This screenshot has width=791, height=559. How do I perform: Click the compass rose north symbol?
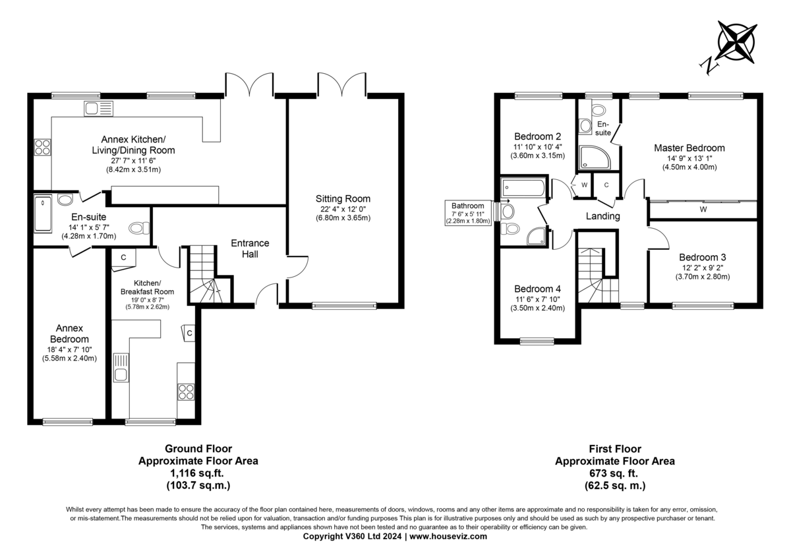click(x=738, y=47)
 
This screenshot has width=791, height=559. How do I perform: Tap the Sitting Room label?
click(x=343, y=199)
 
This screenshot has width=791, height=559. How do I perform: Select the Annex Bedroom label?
click(x=69, y=334)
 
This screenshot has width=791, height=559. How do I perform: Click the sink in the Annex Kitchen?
click(x=98, y=108)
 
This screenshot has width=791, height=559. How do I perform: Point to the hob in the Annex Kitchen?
click(x=42, y=147)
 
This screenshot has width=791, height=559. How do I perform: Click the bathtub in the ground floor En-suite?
click(x=43, y=214)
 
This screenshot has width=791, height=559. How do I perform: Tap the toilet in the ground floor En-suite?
click(x=140, y=228)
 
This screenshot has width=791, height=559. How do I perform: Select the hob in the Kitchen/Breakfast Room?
click(x=186, y=392)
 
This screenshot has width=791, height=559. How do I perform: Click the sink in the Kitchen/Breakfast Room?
click(x=121, y=368)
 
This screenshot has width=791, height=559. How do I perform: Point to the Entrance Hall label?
click(x=250, y=249)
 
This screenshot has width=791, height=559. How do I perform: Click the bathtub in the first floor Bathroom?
click(x=523, y=187)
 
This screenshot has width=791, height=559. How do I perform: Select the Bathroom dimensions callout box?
click(x=468, y=213)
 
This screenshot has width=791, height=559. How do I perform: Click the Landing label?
click(x=602, y=216)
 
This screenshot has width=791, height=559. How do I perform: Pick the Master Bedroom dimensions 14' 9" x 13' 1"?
click(x=689, y=159)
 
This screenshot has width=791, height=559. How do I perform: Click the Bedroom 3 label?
click(x=703, y=257)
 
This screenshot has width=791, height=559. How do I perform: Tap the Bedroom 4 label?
click(x=537, y=289)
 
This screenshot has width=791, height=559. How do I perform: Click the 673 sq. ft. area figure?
click(x=615, y=473)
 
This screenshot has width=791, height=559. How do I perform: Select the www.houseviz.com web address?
click(x=448, y=537)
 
